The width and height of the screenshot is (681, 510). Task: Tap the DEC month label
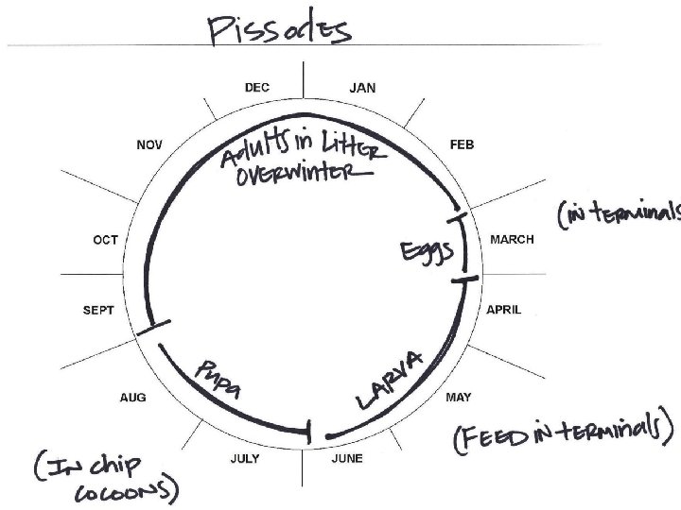pos(256,88)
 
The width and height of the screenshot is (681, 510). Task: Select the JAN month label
pos(362,88)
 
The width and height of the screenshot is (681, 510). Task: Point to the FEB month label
pos(462,144)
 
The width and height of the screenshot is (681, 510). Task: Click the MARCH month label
pos(511,240)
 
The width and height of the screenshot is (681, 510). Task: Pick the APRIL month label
pos(503,310)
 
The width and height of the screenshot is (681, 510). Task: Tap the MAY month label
pos(458,398)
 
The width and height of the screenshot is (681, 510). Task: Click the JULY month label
pos(245,460)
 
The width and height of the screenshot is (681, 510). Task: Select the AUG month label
pos(133,398)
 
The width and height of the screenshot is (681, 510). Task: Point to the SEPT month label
pos(98,310)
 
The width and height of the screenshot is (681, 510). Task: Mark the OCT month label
pos(105,240)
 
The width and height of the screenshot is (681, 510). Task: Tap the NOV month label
pos(149,144)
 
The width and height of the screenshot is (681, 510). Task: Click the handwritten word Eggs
pos(426,252)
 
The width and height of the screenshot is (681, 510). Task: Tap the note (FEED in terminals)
pos(564,435)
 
